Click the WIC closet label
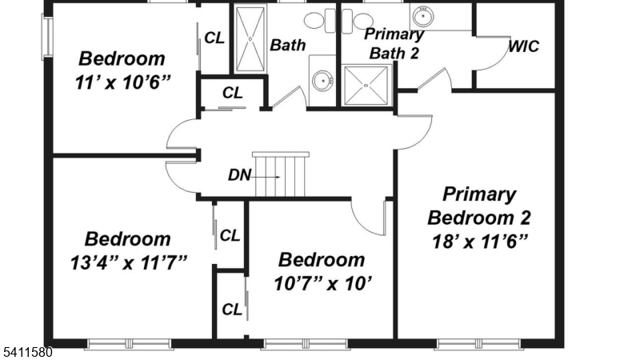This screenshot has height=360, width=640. (x=524, y=46)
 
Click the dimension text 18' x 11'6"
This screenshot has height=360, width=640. (x=479, y=240)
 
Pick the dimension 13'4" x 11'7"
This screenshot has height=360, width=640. (x=128, y=261)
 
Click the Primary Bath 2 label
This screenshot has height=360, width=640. (x=394, y=44)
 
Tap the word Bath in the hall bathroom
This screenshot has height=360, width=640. (x=287, y=45)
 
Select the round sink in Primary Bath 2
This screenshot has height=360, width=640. (x=422, y=15)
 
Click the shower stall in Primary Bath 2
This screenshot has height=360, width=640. (x=366, y=85)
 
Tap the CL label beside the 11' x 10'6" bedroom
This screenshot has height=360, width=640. (x=214, y=38)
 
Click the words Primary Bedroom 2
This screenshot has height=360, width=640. (x=479, y=206)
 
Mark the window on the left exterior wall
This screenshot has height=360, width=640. (x=47, y=37)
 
